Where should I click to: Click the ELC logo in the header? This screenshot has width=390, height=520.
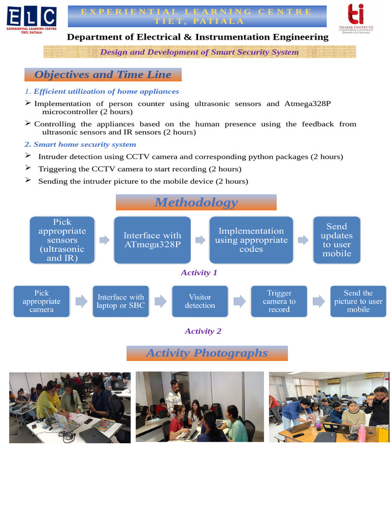coord(31,20)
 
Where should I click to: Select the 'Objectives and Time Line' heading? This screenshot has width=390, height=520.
coord(103,75)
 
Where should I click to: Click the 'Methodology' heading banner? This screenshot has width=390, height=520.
coord(196,203)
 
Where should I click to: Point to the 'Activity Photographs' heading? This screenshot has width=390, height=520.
coord(207,353)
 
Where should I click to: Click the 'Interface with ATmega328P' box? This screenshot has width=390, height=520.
coord(152,240)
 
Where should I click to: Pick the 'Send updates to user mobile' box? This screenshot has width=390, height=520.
coord(337,240)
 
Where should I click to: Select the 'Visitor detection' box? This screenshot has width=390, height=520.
coord(200,301)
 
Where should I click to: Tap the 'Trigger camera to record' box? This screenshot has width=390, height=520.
coord(279,301)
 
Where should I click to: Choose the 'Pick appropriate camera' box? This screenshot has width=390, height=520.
coord(42,301)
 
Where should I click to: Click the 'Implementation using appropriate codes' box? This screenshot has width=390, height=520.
coord(251,240)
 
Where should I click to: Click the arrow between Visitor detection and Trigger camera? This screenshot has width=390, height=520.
coord(240,301)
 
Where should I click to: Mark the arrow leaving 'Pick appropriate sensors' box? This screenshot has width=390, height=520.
coord(104,240)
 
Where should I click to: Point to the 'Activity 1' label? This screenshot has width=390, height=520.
coord(199,273)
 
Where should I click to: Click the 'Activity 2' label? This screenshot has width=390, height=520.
coord(203,331)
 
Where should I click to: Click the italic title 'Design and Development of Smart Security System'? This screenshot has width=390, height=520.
coord(200,52)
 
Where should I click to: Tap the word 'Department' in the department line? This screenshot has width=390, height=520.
coord(91,37)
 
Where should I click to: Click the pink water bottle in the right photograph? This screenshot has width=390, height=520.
coord(362,433)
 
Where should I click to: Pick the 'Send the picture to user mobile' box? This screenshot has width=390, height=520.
coord(358,301)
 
